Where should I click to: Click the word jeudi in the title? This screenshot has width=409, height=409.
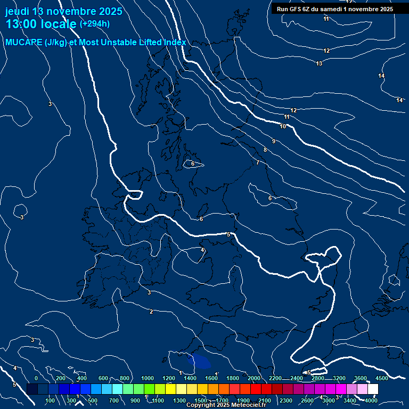18,11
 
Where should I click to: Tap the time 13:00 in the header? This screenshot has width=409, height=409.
24,24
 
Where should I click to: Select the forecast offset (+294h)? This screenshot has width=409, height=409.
95,24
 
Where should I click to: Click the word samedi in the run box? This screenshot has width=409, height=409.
334,9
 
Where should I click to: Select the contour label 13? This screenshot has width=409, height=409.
319,64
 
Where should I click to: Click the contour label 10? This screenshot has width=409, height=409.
283,126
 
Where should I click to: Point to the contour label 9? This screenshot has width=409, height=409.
273,141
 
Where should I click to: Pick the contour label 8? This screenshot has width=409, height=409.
265,150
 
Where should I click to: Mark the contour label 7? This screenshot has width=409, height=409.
257,162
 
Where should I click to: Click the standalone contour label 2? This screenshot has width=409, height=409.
151,312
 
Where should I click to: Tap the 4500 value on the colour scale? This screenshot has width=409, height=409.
381,378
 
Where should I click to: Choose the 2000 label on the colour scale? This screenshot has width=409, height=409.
254,378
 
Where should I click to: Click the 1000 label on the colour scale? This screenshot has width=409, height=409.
148,378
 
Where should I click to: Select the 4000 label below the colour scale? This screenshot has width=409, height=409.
371,400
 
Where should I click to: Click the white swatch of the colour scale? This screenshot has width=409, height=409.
373,389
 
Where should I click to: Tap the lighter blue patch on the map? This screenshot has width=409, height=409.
201,361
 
